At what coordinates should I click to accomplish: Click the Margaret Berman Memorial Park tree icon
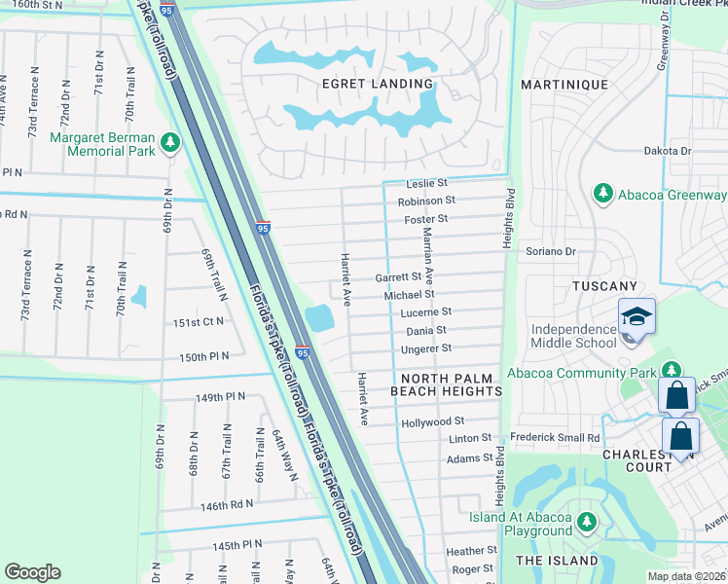(x=171, y=144)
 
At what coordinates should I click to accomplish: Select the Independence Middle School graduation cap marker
(x=637, y=318)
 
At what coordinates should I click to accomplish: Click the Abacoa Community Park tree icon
(x=671, y=371)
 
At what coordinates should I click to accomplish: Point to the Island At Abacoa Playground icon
(x=586, y=522)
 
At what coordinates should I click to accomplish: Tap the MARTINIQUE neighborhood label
(x=564, y=85)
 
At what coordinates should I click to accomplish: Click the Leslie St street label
(x=427, y=183)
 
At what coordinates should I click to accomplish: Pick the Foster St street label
(x=425, y=219)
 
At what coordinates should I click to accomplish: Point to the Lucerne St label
(x=426, y=312)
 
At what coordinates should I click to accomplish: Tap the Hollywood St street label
(x=432, y=422)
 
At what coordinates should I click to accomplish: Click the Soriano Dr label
(x=552, y=252)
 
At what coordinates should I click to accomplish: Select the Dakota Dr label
(x=667, y=151)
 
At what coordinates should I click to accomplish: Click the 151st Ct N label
(x=199, y=321)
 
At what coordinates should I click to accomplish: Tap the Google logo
(x=33, y=572)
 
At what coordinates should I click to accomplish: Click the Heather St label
(x=472, y=551)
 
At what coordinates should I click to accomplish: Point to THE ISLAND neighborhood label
(x=557, y=561)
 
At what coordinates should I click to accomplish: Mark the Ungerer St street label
(x=427, y=348)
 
